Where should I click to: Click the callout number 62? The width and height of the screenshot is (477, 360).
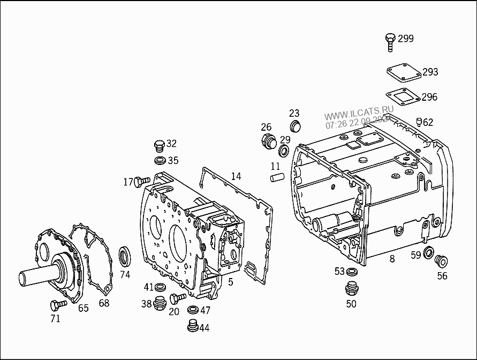[x=428, y=122]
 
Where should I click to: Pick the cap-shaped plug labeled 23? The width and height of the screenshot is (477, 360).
[x=295, y=126]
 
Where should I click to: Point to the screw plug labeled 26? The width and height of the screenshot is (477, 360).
[x=269, y=142]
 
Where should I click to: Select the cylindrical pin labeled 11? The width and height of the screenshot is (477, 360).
[x=276, y=177]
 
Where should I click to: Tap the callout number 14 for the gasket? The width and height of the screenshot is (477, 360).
[x=236, y=176]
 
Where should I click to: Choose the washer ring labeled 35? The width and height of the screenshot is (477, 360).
[x=159, y=161]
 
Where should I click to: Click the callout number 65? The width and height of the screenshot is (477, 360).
[x=83, y=308]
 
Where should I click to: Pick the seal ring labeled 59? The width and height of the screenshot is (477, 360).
[x=429, y=252]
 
